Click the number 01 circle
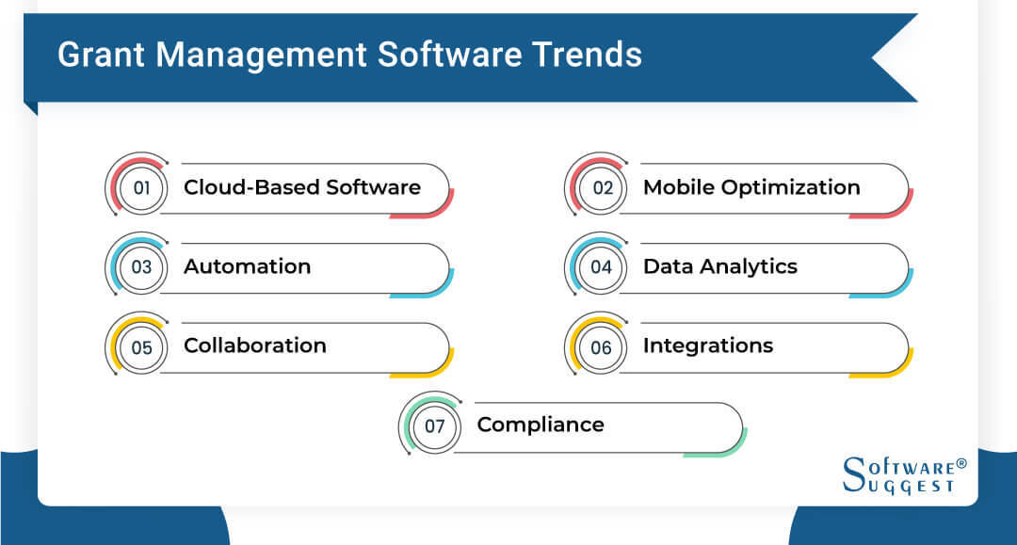pos(142,187)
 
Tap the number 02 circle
pos(602,187)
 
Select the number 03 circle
pos(142,266)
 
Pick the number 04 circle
pos(602,266)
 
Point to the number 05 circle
pos(142,346)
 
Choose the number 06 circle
pos(602,346)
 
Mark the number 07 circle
pos(435,425)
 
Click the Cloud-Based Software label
pos(302,186)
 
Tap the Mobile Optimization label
pos(751,187)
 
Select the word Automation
pos(247,266)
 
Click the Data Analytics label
pos(720,266)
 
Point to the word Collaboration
pos(255,345)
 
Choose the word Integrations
pos(708,345)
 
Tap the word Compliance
pos(541,425)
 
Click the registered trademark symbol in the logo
pos(961,463)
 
